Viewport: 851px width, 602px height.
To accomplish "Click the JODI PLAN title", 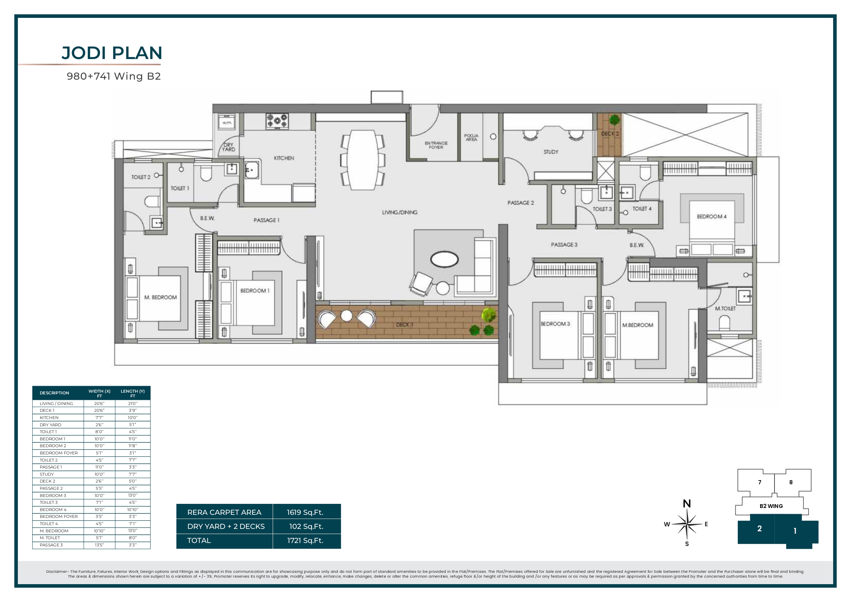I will coord(111,53).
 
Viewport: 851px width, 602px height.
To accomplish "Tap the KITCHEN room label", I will coord(284,158).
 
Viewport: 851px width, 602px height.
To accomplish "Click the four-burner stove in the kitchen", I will coord(277,121).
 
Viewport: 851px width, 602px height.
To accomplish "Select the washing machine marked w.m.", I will coord(227,122).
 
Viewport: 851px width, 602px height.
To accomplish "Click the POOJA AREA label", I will coord(471,137).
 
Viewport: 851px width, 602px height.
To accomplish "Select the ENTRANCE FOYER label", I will coord(436,145).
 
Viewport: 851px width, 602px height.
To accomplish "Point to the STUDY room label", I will coord(551,152).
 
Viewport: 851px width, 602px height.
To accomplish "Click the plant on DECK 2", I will coord(614,120).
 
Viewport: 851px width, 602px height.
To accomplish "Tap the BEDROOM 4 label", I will coord(711,216).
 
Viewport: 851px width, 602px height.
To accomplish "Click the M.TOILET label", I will coord(725,308).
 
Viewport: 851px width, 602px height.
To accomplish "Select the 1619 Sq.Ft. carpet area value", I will coord(305,512).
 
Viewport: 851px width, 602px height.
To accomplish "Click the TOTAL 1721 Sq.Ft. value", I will coord(305,541).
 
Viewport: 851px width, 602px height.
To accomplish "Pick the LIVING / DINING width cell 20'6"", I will coord(99,404).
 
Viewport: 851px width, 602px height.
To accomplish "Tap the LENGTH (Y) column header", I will coord(132,393).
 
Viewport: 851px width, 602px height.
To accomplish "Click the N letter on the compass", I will coord(687,503).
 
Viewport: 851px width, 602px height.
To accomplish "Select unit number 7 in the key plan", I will coord(759,482).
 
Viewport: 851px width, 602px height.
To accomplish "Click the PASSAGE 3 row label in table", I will coord(51,545).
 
